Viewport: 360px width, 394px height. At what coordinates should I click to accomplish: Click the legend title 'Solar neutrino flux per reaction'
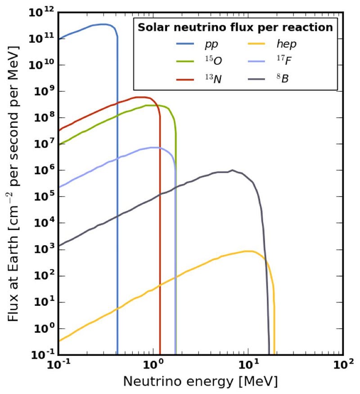[x=235, y=27]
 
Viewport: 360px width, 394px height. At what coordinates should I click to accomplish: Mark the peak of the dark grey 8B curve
[x=232, y=170]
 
